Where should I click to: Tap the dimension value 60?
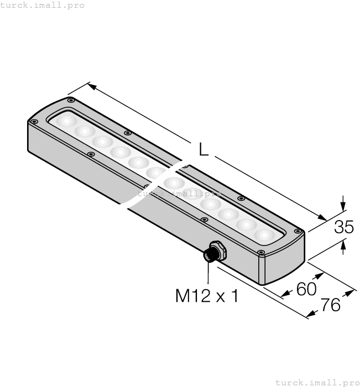[x=306, y=289]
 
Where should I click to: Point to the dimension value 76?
[x=331, y=305]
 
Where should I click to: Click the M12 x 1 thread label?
[x=207, y=296]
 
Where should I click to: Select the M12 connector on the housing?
[x=212, y=252]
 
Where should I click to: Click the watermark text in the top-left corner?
[x=42, y=5]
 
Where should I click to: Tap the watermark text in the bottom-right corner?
[x=317, y=382]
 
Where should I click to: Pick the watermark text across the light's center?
[x=179, y=194]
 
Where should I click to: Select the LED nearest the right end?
[x=264, y=235]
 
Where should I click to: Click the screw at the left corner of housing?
[x=34, y=121]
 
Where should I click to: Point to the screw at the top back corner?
[x=70, y=100]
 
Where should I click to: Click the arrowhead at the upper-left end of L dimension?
[x=92, y=86]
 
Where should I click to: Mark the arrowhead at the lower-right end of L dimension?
[x=322, y=217]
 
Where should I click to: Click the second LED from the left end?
[x=85, y=131]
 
